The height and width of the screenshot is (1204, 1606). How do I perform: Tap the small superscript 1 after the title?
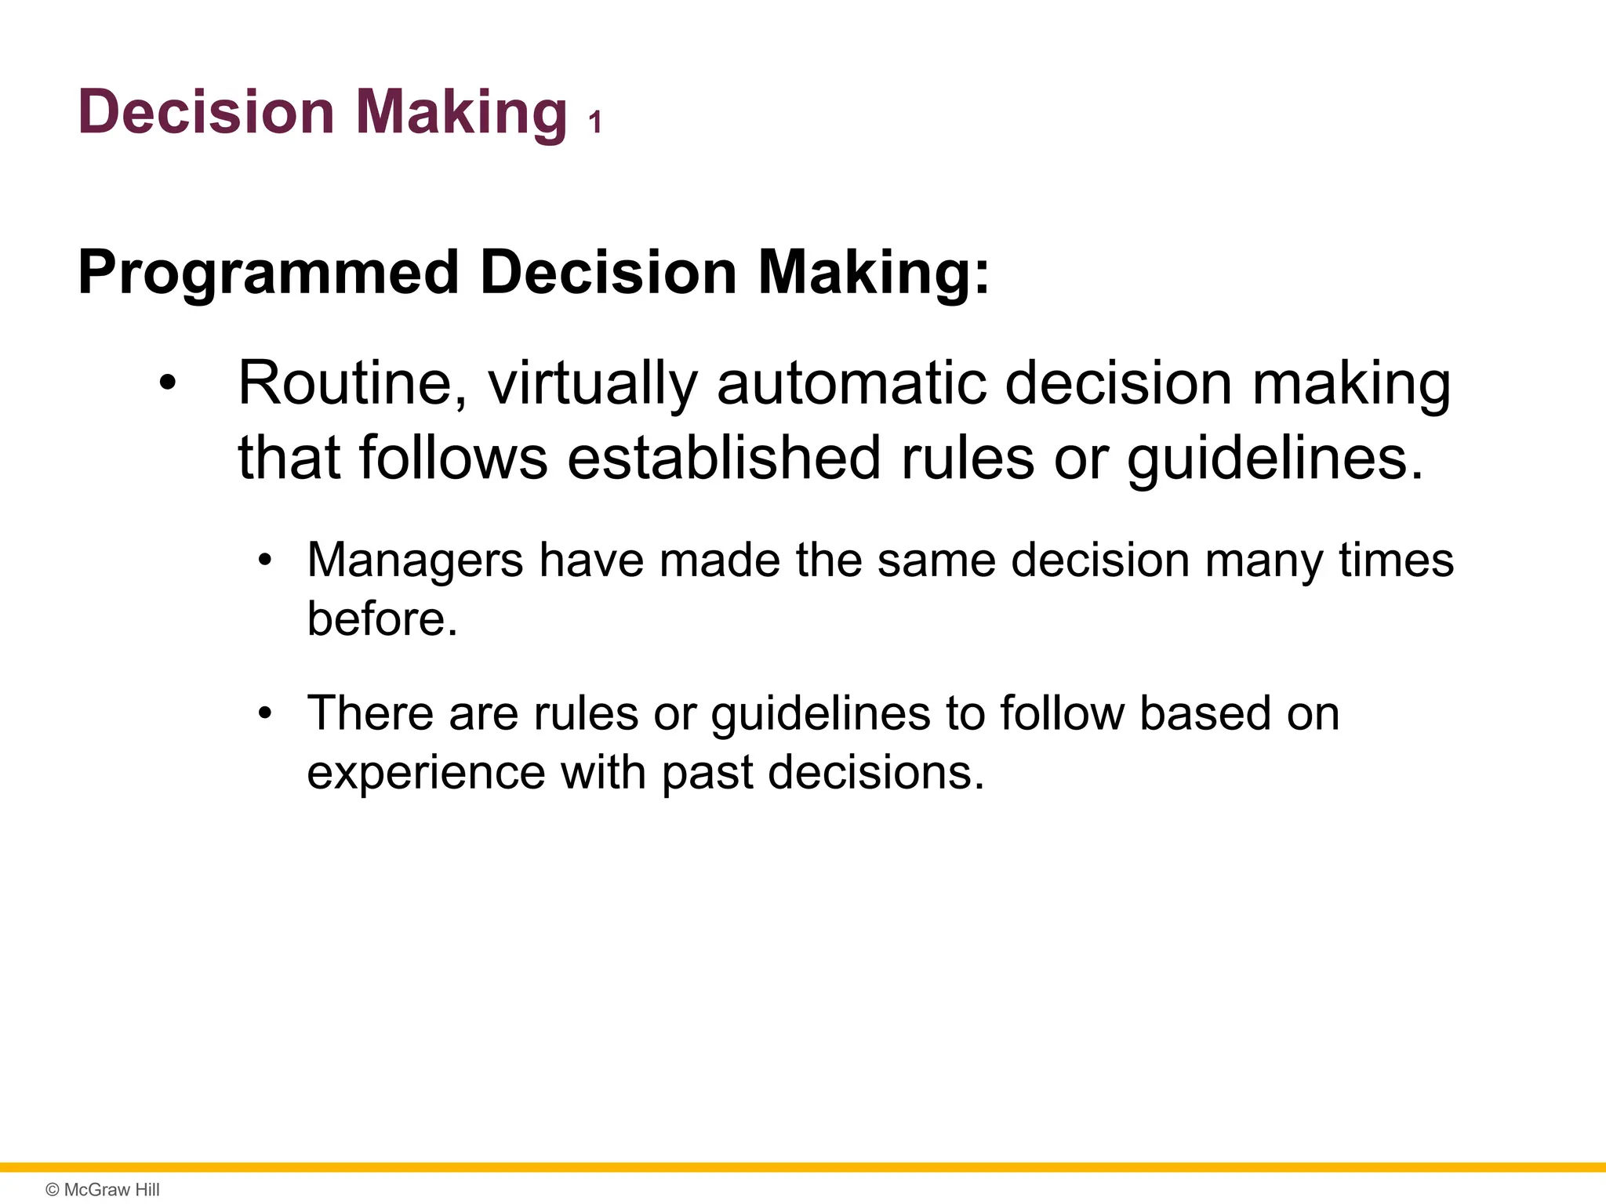pos(595,123)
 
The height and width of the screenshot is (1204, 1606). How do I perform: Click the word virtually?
pos(593,383)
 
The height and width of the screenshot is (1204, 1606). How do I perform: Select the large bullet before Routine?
pos(167,384)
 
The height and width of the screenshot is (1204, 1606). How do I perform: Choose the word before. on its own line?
pos(382,619)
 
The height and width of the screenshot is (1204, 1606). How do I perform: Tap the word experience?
pos(425,773)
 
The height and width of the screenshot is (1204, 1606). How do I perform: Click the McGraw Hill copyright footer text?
pos(103,1189)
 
